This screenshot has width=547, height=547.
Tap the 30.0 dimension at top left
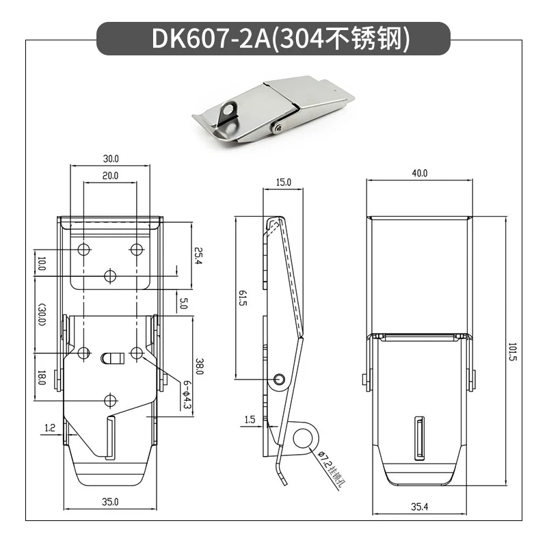[111, 158]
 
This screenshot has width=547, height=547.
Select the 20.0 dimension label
[111, 176]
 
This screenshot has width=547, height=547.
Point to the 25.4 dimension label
[198, 256]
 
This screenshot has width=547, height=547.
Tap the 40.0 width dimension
[419, 174]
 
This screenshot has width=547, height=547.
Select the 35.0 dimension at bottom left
[111, 502]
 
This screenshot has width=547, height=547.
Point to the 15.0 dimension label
[284, 182]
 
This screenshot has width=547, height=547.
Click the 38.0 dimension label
[198, 367]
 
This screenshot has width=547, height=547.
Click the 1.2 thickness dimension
[49, 427]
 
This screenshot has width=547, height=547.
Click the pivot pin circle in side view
[280, 379]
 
